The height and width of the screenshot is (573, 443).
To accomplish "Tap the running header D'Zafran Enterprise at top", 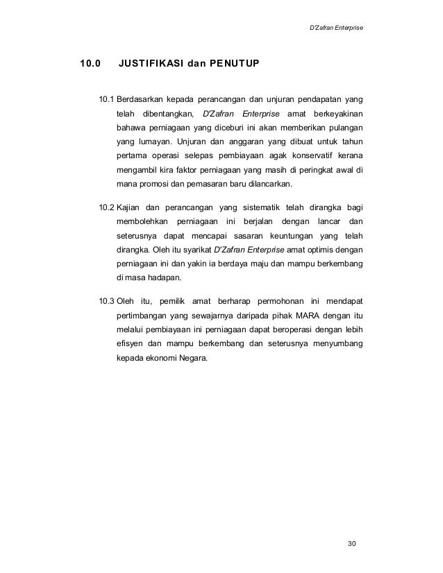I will tap(335, 28).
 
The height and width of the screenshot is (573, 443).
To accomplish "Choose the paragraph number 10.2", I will tap(107, 207).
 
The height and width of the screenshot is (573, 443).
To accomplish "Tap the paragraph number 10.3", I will tap(107, 301).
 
